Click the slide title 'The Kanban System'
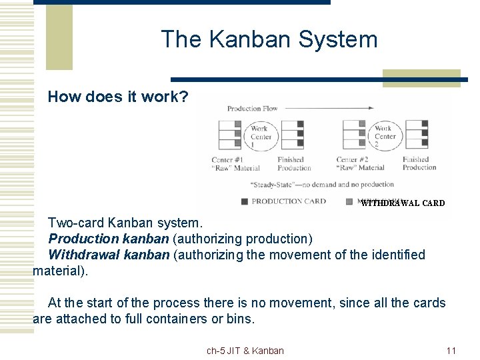click(x=269, y=40)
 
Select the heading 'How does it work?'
click(x=118, y=97)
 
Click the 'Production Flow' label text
click(x=252, y=109)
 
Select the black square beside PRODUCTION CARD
click(x=245, y=201)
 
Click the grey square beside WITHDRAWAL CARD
click(x=350, y=201)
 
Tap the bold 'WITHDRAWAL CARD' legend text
click(x=403, y=203)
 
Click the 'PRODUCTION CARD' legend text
click(x=289, y=201)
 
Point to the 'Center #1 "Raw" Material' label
click(x=235, y=164)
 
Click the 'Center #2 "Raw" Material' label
click(x=361, y=164)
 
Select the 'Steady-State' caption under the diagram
click(x=322, y=185)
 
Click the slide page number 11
click(x=451, y=351)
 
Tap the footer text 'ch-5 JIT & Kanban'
click(x=245, y=351)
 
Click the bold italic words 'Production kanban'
click(x=109, y=239)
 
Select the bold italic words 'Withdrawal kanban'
click(x=109, y=255)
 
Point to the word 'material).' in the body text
click(x=60, y=271)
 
